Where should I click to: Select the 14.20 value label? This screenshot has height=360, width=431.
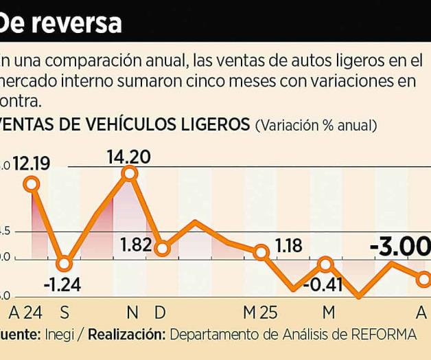(x=128, y=157)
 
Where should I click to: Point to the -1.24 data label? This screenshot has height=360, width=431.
(x=62, y=284)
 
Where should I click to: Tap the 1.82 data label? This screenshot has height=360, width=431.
(x=135, y=244)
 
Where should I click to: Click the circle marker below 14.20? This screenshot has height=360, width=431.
(x=129, y=174)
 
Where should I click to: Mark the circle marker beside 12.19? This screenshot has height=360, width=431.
(x=31, y=183)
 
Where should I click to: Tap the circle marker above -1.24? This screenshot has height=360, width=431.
(x=64, y=264)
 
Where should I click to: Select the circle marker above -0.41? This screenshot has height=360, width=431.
(x=326, y=264)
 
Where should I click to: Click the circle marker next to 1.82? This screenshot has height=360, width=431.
(x=161, y=249)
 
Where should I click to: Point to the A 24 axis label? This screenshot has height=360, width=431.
(x=25, y=313)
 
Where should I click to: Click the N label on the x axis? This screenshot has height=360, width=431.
(x=131, y=313)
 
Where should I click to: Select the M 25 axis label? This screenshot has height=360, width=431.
(x=260, y=313)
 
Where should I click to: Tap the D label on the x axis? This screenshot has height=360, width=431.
(x=160, y=313)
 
